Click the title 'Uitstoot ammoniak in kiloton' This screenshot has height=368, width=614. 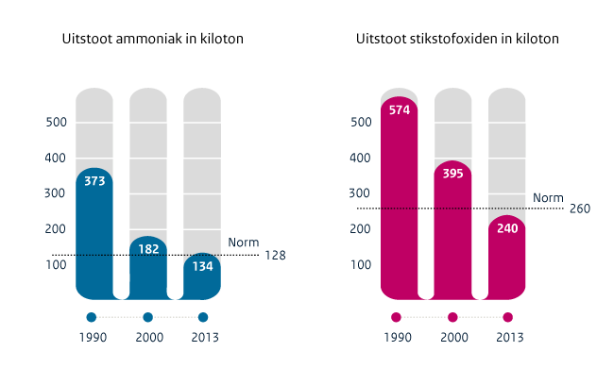click(x=152, y=40)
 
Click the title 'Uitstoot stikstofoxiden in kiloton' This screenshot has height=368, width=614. click(x=457, y=40)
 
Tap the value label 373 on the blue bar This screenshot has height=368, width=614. click(x=94, y=181)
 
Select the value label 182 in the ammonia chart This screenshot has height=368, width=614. click(x=148, y=249)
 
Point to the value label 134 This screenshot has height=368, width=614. click(x=202, y=266)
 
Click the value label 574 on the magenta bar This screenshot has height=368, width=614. click(x=399, y=109)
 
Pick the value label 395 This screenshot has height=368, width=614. click(x=452, y=174)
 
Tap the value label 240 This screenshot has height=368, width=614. click(x=506, y=228)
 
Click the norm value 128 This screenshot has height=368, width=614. click(x=274, y=256)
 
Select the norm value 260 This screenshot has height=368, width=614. click(x=580, y=209)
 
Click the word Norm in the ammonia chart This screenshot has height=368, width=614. click(x=243, y=243)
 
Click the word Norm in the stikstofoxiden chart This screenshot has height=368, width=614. click(x=548, y=197)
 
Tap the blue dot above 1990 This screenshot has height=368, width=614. click(x=92, y=317)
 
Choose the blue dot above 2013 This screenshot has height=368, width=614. click(x=203, y=317)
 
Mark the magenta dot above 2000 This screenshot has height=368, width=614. click(x=452, y=317)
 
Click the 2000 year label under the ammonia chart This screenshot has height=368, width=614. click(x=147, y=338)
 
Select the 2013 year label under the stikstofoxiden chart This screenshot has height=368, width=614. click(x=508, y=338)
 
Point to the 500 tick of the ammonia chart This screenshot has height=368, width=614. click(x=57, y=123)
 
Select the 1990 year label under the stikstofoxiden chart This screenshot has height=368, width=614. click(x=397, y=338)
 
